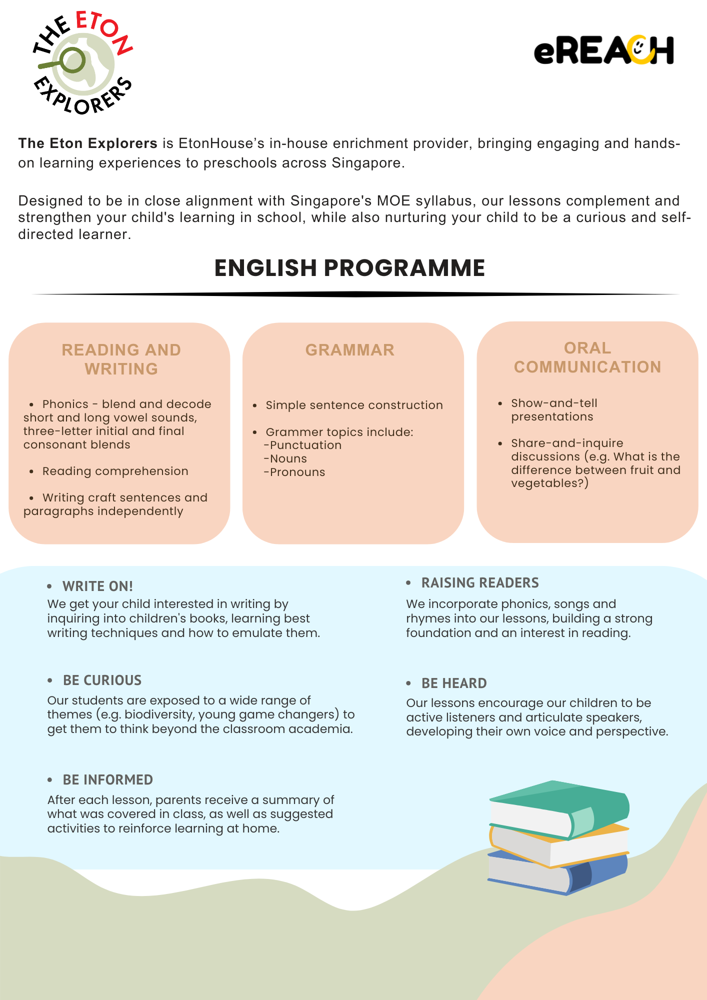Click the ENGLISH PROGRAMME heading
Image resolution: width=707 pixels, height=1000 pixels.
pyautogui.click(x=349, y=268)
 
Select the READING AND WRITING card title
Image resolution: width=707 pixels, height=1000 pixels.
pyautogui.click(x=121, y=359)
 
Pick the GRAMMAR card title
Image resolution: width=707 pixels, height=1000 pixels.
pyautogui.click(x=350, y=350)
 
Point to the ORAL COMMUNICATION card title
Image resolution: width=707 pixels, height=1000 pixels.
pyautogui.click(x=587, y=357)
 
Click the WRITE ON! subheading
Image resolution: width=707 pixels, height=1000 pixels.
pyautogui.click(x=97, y=586)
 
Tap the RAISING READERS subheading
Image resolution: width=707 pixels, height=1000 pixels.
pyautogui.click(x=480, y=582)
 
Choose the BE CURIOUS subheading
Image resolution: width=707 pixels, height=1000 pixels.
pyautogui.click(x=102, y=680)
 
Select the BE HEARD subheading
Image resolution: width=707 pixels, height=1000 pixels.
pyautogui.click(x=454, y=683)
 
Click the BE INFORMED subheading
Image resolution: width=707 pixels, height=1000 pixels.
pyautogui.click(x=107, y=779)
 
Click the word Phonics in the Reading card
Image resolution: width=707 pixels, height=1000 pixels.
pyautogui.click(x=65, y=404)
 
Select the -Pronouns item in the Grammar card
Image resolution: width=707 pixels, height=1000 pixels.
pyautogui.click(x=295, y=472)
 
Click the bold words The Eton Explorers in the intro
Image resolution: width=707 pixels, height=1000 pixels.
pyautogui.click(x=88, y=143)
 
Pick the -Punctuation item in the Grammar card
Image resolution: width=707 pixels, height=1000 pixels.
pyautogui.click(x=303, y=445)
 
